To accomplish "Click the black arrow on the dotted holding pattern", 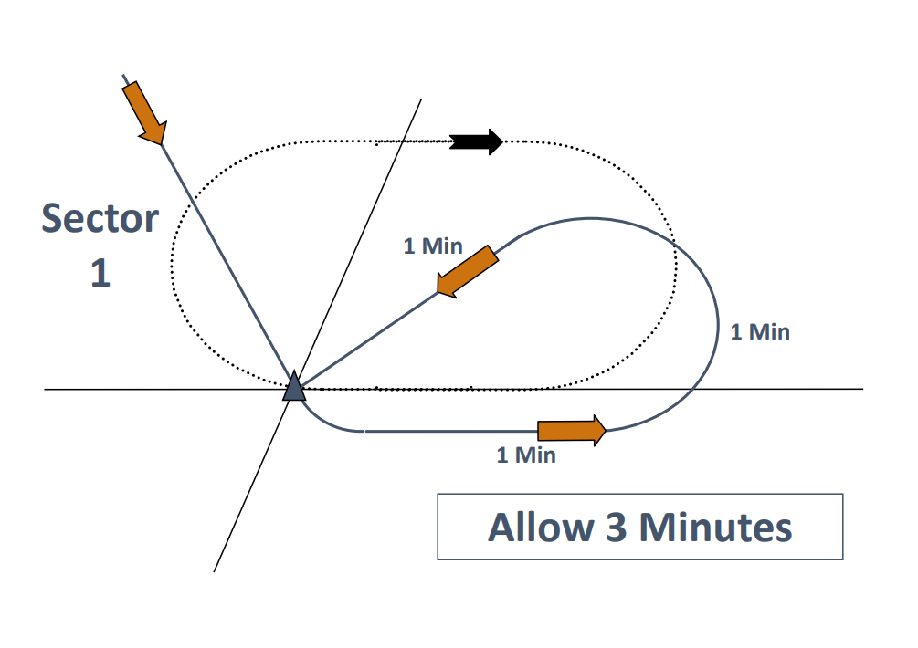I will [477, 141].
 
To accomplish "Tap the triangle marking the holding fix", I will [293, 387].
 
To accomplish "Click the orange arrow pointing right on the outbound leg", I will [572, 430].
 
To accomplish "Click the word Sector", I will [100, 219].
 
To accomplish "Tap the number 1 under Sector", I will [100, 274].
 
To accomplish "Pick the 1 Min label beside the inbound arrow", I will [433, 246].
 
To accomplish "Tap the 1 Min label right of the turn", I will [760, 331].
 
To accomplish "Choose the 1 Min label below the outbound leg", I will [525, 455].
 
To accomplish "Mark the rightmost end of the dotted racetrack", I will [676, 265].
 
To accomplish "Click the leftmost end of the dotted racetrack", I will [172, 265].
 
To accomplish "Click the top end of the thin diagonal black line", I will [421, 99].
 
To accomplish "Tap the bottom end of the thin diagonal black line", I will [215, 571].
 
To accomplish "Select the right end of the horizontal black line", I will [862, 390].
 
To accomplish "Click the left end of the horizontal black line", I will [46, 390].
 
